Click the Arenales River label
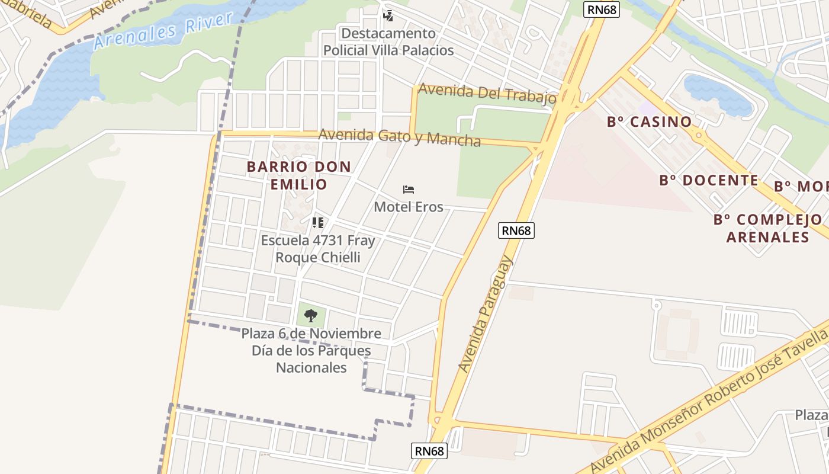pos(163,31)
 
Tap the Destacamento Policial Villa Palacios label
pos(388,41)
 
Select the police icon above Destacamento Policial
pos(388,16)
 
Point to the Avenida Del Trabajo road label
pos(487,94)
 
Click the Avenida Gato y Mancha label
pos(400,137)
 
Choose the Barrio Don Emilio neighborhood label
pos(299,175)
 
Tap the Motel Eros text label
pos(408,207)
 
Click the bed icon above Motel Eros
pos(408,190)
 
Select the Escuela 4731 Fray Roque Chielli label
pos(318,249)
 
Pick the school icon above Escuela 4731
pos(318,223)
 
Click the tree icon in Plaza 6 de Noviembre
pos(311,315)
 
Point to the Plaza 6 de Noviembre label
pos(311,350)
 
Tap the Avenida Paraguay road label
pos(486,314)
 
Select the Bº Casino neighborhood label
pos(649,122)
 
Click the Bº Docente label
pos(708,180)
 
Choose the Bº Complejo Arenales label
pos(767,228)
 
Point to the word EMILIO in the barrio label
pos(299,184)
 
